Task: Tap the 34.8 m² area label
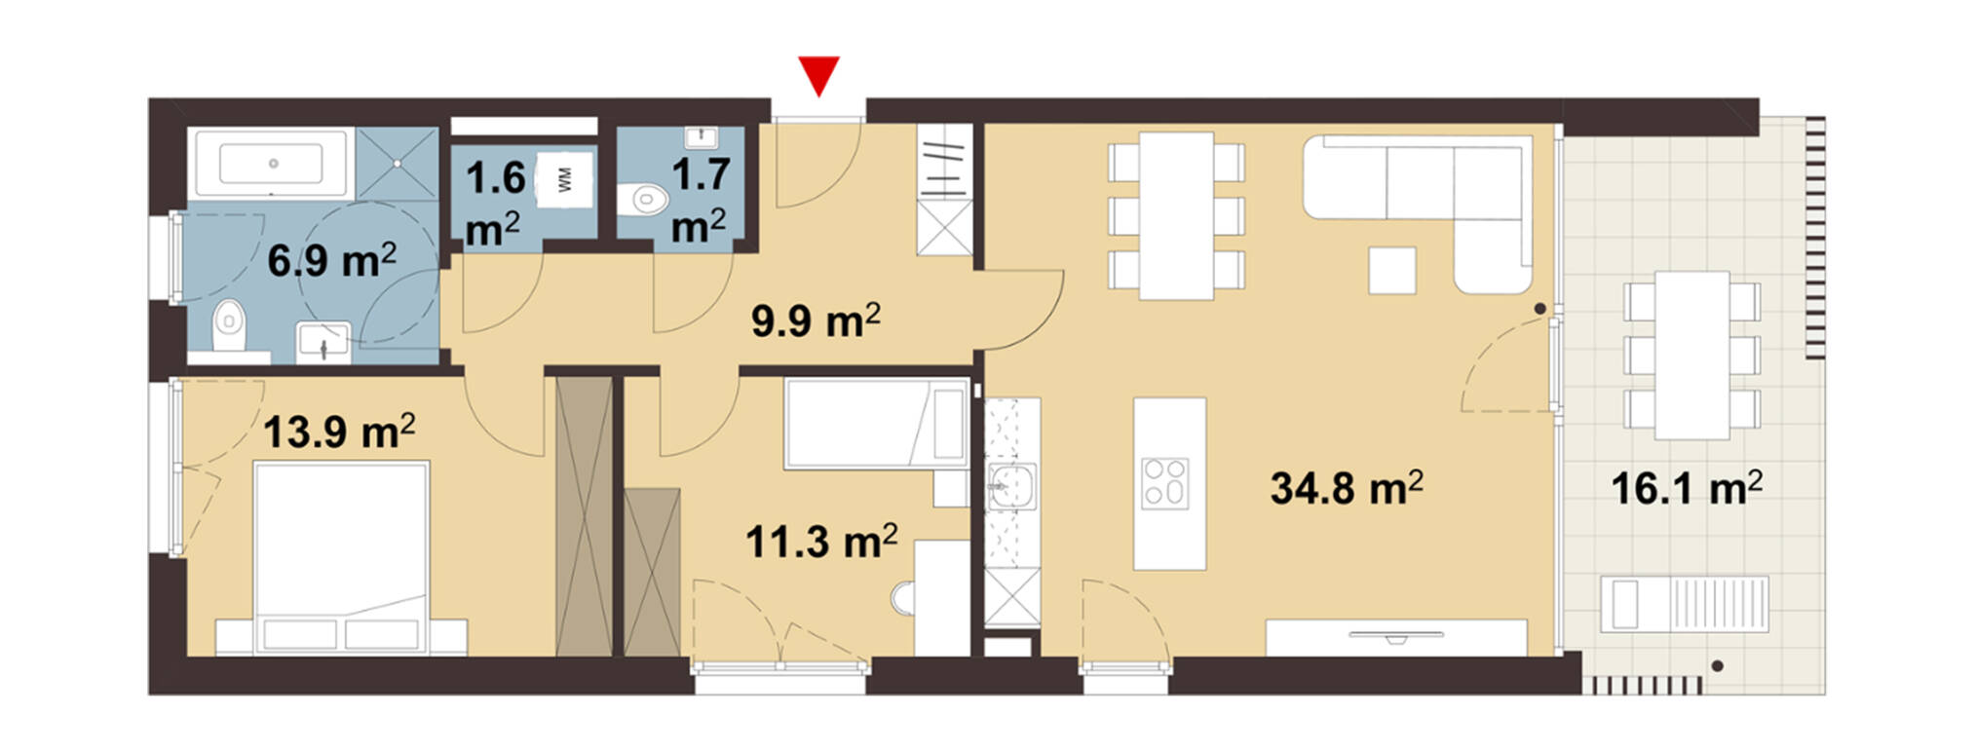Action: tap(1346, 486)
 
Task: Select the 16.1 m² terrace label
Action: tap(1687, 486)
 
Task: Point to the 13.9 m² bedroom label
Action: tap(339, 430)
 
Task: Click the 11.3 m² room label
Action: tap(821, 540)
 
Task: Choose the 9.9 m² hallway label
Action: tap(816, 319)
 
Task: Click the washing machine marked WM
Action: tap(564, 178)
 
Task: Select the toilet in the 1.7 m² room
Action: tap(646, 200)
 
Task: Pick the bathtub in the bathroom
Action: tap(272, 164)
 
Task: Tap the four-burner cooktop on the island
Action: tap(1165, 483)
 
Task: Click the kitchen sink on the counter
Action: tap(1011, 487)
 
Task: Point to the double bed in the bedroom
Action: tap(341, 557)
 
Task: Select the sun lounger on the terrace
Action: tap(1685, 604)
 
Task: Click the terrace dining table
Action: tap(1692, 355)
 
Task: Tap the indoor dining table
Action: tap(1177, 215)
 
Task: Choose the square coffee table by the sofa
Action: tap(1392, 270)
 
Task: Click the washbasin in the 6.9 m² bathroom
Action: tap(323, 342)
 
